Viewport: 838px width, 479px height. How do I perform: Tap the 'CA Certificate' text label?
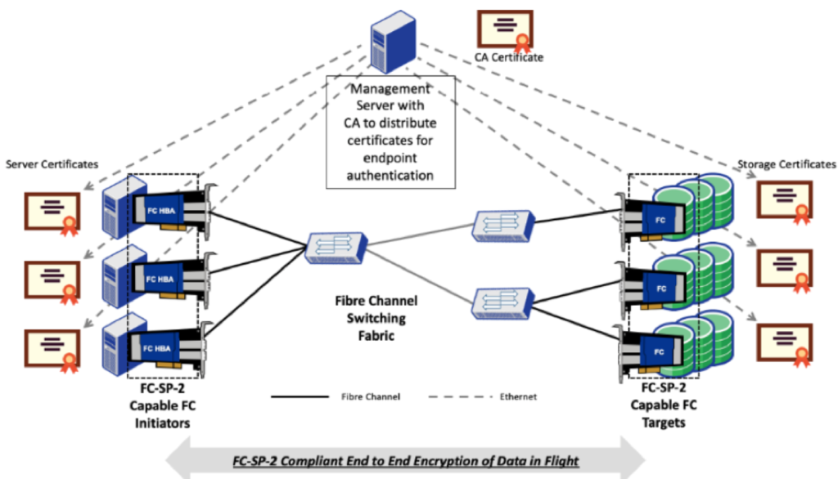coord(508,58)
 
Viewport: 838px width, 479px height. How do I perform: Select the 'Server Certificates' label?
coord(52,164)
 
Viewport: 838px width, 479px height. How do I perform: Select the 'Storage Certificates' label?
coord(786,164)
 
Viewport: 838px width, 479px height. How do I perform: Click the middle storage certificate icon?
coord(785,271)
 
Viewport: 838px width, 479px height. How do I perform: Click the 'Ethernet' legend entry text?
coord(518,397)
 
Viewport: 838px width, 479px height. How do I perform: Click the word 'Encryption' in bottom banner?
coord(419,461)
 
